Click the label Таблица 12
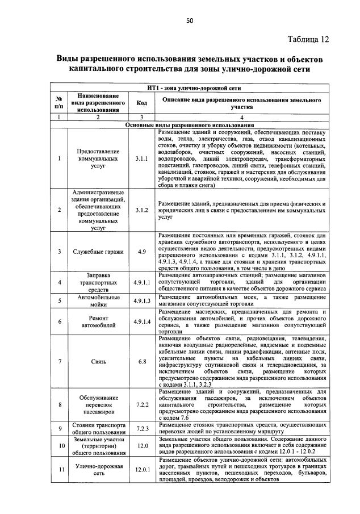308,39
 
